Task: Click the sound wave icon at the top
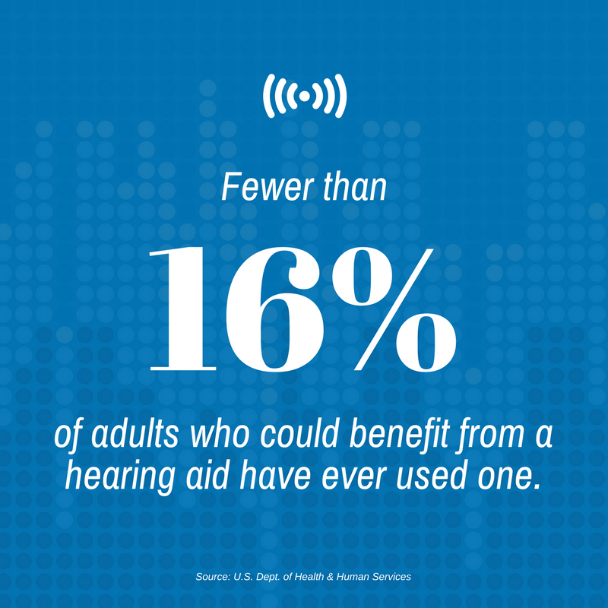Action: click(x=305, y=96)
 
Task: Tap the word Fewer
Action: click(x=268, y=187)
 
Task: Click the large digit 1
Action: click(x=183, y=309)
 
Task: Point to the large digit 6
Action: click(x=274, y=309)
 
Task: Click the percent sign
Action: click(x=394, y=309)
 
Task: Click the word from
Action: click(x=491, y=435)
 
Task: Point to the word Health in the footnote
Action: click(x=309, y=577)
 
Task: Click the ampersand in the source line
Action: click(x=330, y=577)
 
